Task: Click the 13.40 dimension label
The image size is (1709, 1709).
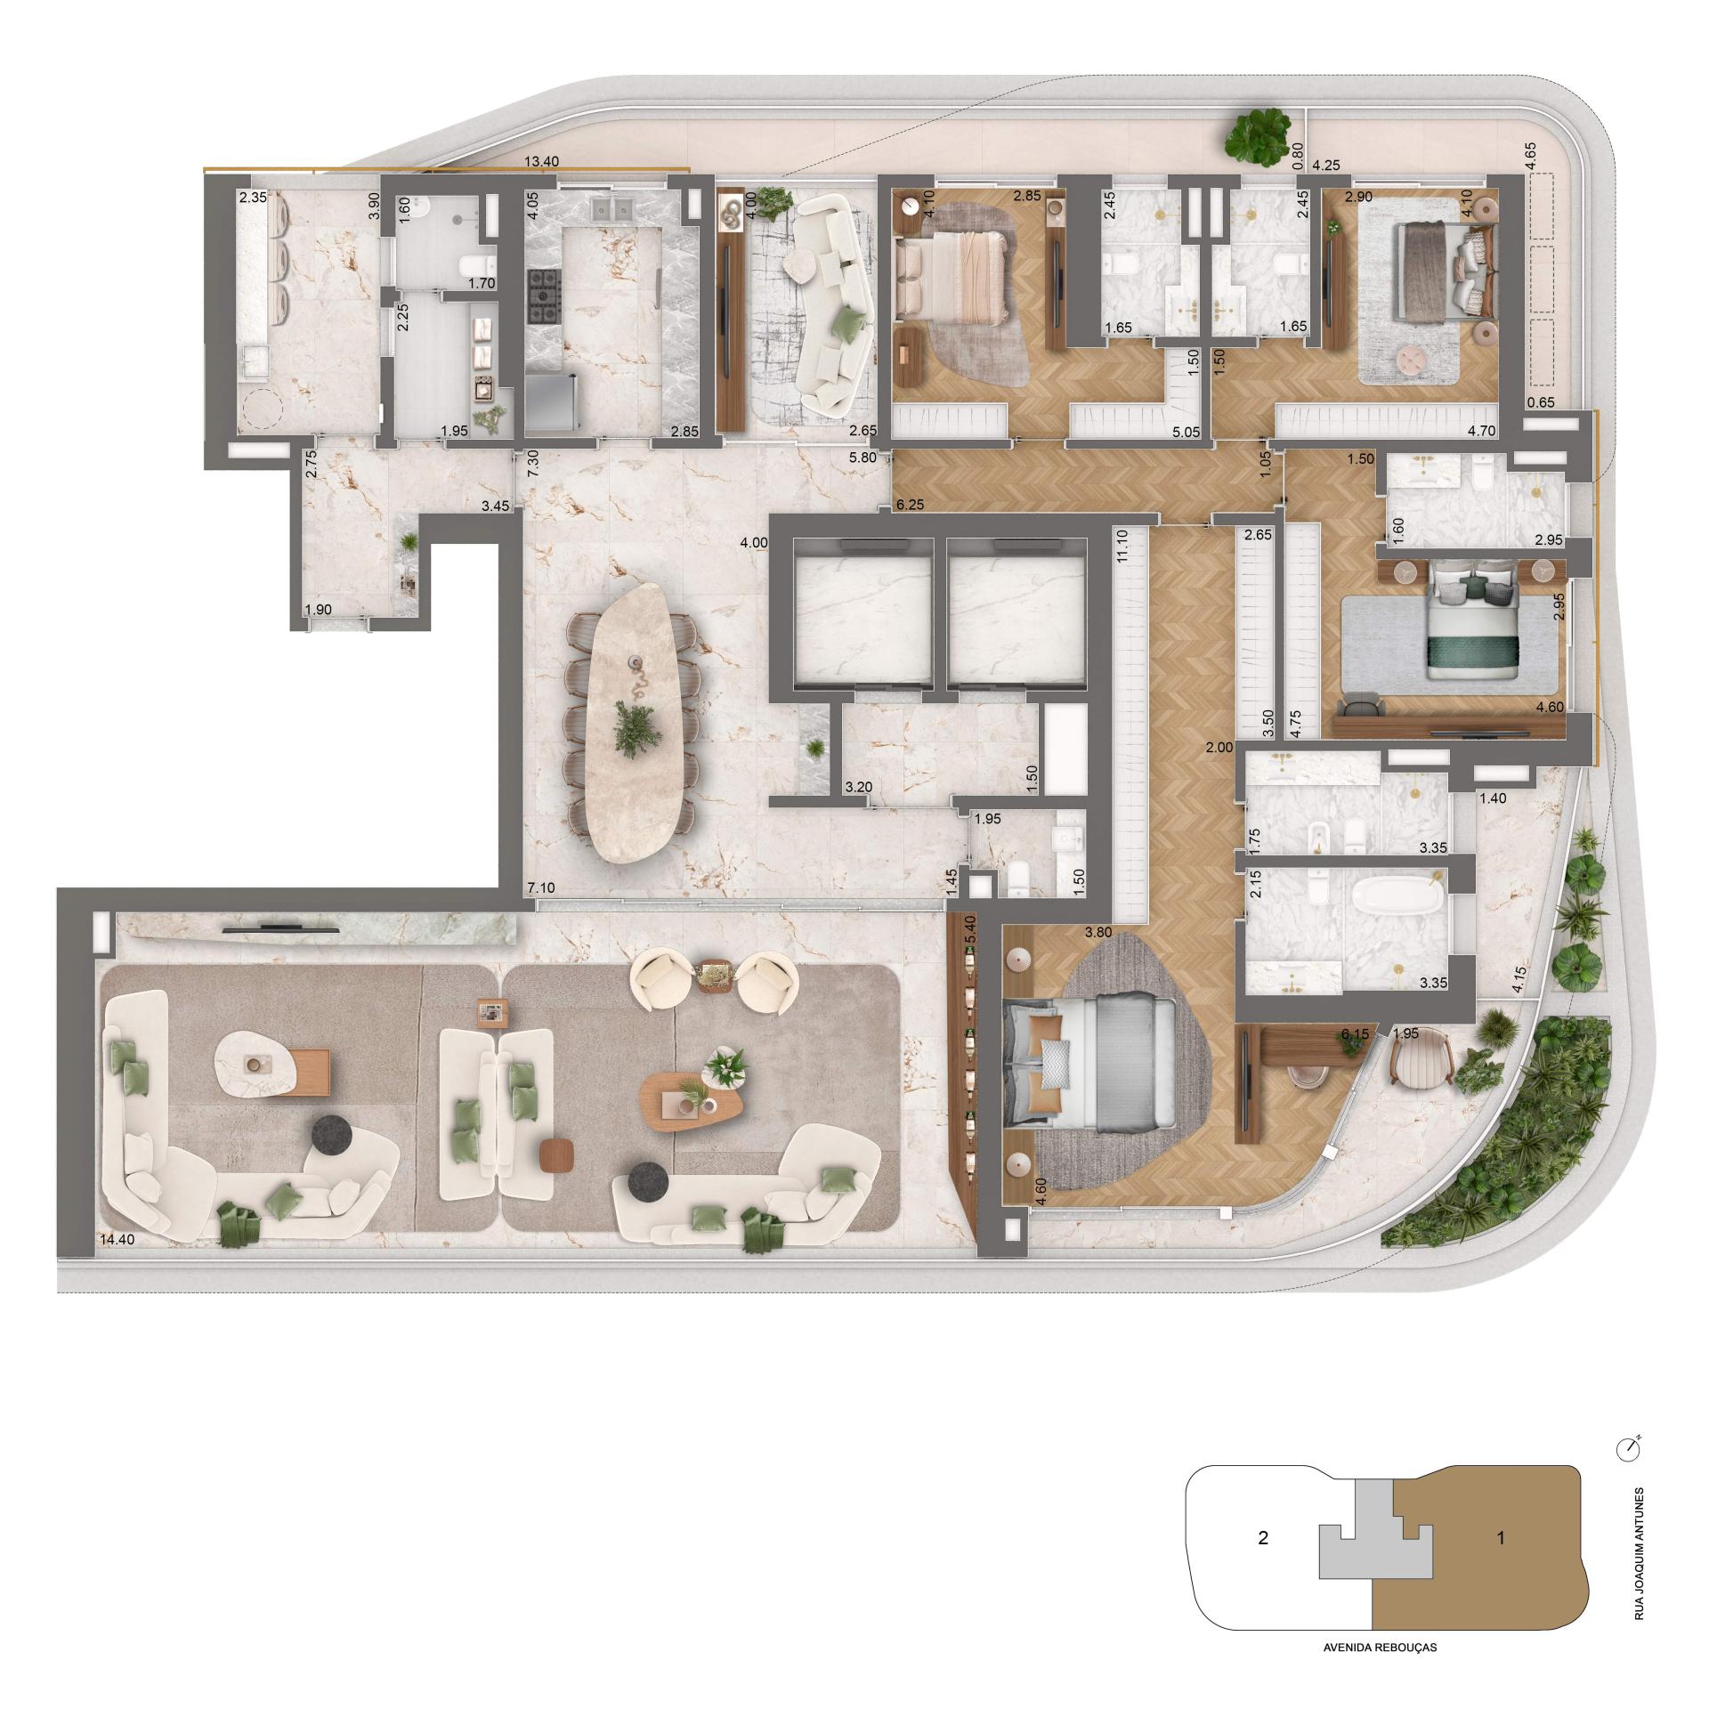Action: [542, 162]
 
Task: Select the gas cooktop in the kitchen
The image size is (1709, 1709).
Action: [543, 296]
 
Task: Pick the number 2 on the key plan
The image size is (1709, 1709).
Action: [1262, 1537]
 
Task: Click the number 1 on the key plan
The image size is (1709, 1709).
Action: [1501, 1537]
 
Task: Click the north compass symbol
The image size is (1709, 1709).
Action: [1627, 1449]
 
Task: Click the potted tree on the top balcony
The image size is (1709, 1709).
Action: [1257, 134]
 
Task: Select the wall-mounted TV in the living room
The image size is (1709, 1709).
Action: [280, 927]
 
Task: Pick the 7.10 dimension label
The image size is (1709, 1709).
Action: [541, 888]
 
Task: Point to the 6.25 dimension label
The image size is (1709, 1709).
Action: [911, 504]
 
